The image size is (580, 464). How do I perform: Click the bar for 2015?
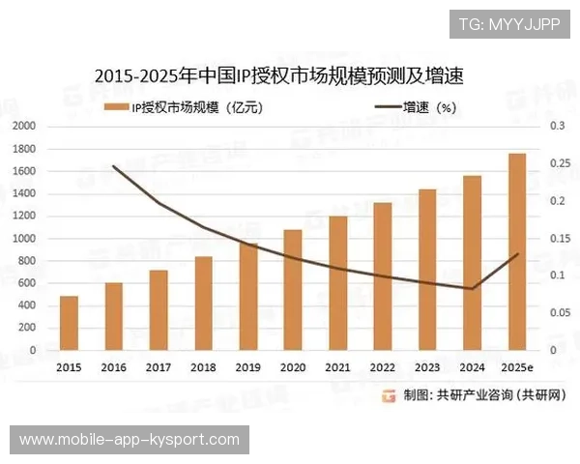[69, 323]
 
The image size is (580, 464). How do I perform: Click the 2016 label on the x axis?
[113, 367]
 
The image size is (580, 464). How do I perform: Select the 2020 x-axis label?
[293, 367]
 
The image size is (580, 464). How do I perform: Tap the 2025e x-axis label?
[517, 367]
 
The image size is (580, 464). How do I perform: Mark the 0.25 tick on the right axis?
[559, 163]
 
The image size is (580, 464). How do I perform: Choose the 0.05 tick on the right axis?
[559, 313]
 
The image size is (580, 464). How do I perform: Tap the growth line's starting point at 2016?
[114, 166]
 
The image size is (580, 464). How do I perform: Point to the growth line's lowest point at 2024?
[472, 288]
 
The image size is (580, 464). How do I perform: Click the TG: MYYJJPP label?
[508, 23]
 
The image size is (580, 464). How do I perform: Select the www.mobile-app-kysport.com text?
[130, 440]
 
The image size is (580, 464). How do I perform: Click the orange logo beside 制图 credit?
[388, 394]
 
